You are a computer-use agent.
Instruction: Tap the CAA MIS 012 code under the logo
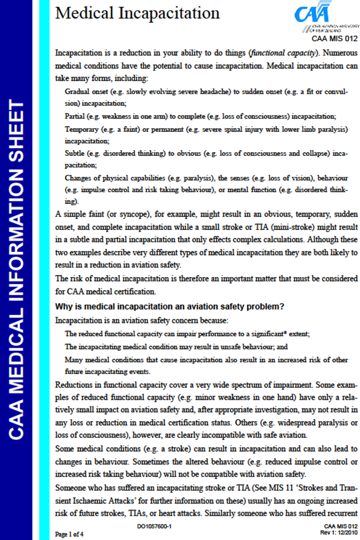[334, 38]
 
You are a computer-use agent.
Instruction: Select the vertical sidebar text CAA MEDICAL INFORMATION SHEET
[17, 269]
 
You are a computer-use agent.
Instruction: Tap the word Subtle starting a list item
[75, 154]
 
